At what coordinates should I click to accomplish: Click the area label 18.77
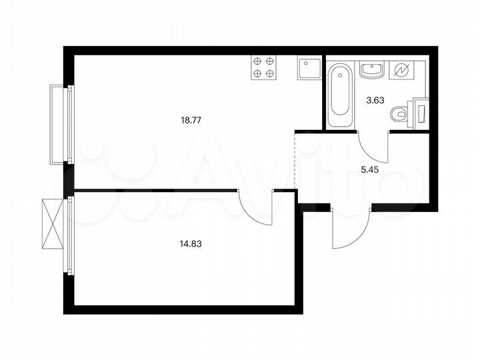click(191, 121)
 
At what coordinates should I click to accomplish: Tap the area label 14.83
click(191, 244)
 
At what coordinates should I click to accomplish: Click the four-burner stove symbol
click(264, 67)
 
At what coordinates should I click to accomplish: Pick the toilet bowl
click(401, 114)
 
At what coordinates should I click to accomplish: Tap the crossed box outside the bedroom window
click(51, 223)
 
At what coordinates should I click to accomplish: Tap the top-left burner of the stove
click(257, 61)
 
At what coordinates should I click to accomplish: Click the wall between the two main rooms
click(153, 191)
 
